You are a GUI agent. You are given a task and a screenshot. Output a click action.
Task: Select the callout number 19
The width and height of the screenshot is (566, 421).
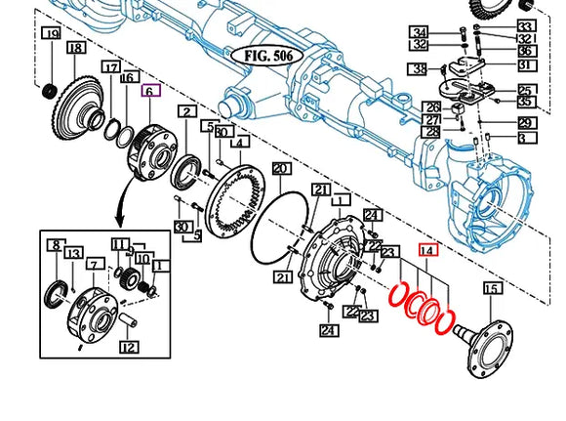click(x=51, y=35)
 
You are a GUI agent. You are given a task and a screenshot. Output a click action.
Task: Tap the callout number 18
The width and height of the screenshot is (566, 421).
click(x=75, y=48)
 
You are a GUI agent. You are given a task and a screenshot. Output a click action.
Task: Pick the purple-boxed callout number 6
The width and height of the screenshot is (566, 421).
click(x=149, y=91)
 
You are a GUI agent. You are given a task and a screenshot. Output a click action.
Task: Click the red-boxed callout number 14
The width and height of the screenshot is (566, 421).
click(x=427, y=250)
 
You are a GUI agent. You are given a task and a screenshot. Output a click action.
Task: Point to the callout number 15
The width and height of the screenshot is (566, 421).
click(x=491, y=288)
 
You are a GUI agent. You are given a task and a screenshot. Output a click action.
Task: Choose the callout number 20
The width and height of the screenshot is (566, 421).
click(x=281, y=169)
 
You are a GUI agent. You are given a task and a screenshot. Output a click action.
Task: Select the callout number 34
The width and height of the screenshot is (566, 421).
click(x=419, y=32)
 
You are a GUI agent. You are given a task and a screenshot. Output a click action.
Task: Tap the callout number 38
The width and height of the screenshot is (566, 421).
click(x=419, y=68)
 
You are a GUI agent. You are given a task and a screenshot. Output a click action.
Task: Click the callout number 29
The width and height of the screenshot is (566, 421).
click(x=526, y=123)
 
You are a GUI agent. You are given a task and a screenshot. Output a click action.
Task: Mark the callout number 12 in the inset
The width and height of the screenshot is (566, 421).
click(x=129, y=346)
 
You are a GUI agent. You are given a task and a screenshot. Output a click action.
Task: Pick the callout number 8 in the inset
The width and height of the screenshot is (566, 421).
click(x=56, y=246)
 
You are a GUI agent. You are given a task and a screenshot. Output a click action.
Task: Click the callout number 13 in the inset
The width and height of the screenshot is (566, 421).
click(x=73, y=254)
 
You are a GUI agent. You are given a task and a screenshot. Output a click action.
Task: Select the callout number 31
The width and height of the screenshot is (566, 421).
click(x=526, y=65)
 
